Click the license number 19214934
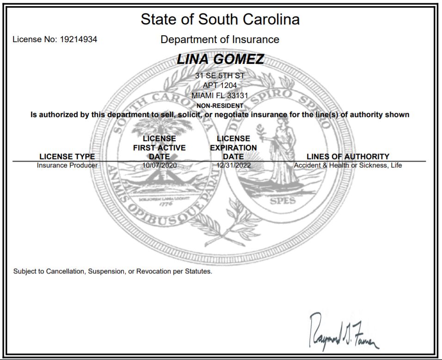(x=79, y=40)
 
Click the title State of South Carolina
(x=220, y=19)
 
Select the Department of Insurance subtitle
(x=220, y=40)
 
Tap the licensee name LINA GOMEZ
(x=220, y=59)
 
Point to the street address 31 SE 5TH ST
(x=220, y=75)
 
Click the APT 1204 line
(x=220, y=85)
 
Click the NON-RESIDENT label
(x=220, y=106)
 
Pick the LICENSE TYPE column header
(x=67, y=156)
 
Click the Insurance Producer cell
(x=67, y=165)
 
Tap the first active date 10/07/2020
(x=160, y=165)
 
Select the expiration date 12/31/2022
(x=233, y=165)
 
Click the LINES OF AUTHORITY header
(x=348, y=156)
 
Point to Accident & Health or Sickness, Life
(x=348, y=165)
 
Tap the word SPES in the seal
(x=282, y=201)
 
